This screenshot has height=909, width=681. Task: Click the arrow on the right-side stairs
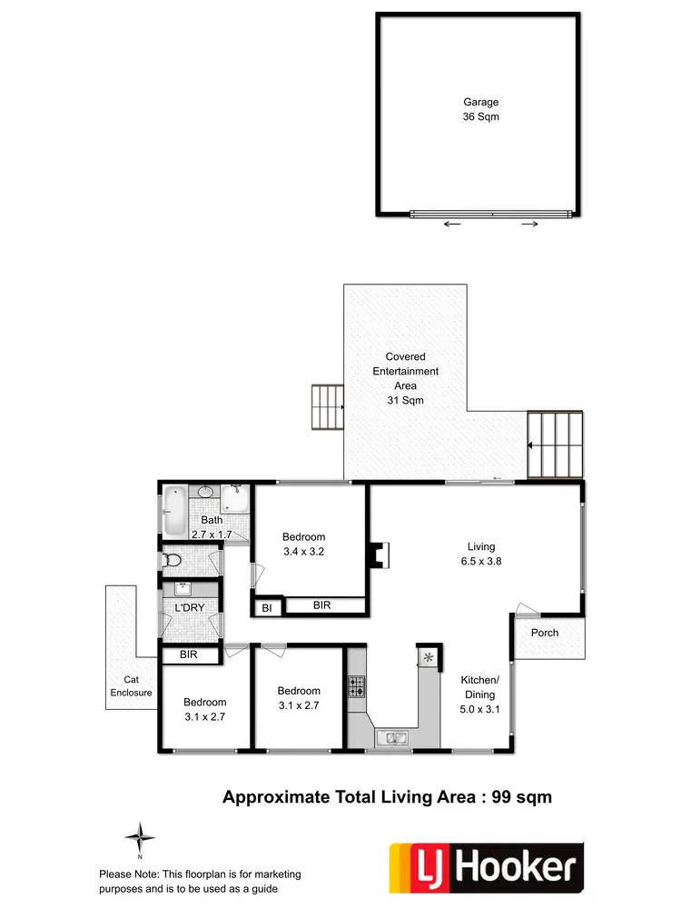tap(533, 445)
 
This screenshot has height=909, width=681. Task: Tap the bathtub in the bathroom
tap(174, 511)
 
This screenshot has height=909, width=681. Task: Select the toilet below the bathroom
tap(173, 561)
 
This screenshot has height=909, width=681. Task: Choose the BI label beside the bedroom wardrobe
tap(267, 607)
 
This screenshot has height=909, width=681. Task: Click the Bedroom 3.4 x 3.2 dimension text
tap(303, 551)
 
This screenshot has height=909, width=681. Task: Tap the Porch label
tap(545, 633)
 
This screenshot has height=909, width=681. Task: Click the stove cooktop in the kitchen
tap(356, 687)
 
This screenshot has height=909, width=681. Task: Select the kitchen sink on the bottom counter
tap(394, 737)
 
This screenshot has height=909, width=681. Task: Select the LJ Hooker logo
tap(486, 866)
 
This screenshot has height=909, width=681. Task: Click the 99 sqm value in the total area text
tap(521, 797)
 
